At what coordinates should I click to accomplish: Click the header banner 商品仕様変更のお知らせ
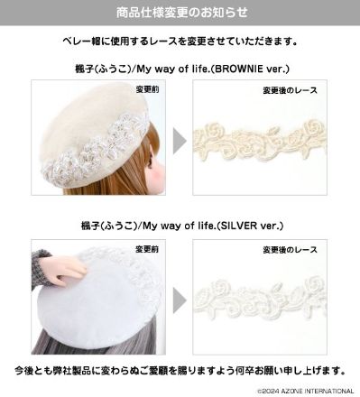coord(180,13)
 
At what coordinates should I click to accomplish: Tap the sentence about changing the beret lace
coord(180,42)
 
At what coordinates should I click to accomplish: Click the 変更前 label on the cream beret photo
coord(145,90)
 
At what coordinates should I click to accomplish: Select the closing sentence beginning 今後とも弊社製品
coord(180,372)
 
